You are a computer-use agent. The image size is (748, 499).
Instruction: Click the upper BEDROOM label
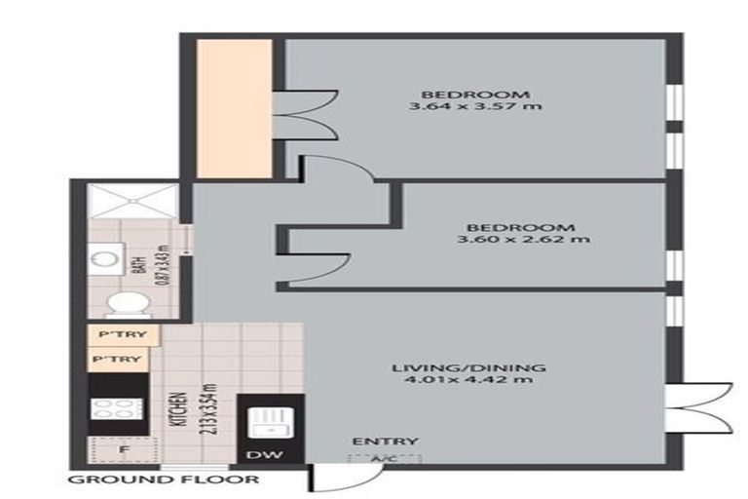point(475,95)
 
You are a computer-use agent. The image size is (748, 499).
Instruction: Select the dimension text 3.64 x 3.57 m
point(475,107)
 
